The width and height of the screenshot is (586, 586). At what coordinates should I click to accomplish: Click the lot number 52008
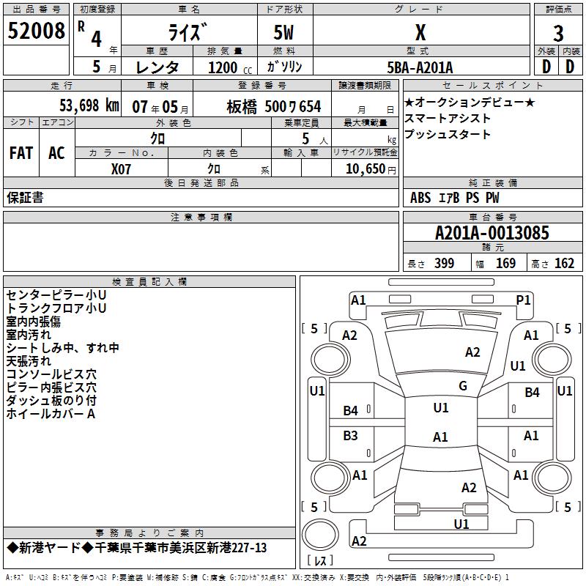[36, 31]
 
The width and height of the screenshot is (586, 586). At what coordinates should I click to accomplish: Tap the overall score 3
[558, 34]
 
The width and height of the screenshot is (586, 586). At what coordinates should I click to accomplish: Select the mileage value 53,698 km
[89, 105]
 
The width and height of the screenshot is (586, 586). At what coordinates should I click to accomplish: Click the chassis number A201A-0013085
[492, 233]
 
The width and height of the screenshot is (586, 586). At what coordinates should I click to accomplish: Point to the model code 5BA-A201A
[420, 67]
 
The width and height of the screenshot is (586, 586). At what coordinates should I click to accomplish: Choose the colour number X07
[121, 169]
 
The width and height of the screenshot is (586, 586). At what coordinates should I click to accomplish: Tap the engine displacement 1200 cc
[230, 67]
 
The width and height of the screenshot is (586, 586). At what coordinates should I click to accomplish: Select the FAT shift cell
[21, 153]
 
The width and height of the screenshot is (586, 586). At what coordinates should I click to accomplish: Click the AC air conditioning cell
[56, 153]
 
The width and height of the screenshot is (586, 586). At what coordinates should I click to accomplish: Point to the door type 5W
[283, 32]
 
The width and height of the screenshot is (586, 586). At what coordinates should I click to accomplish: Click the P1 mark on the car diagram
[523, 300]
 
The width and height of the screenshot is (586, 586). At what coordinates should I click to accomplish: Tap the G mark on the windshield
[463, 385]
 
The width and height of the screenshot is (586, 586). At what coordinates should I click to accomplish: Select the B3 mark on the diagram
[350, 435]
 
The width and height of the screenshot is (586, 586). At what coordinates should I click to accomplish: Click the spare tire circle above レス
[320, 535]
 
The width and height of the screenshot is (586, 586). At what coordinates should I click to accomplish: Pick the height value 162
[564, 264]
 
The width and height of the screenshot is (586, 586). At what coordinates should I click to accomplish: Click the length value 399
[444, 264]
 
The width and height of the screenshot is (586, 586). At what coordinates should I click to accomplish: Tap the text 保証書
[25, 198]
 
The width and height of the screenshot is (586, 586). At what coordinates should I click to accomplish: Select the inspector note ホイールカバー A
[51, 414]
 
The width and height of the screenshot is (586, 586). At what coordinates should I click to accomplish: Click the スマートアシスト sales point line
[448, 119]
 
